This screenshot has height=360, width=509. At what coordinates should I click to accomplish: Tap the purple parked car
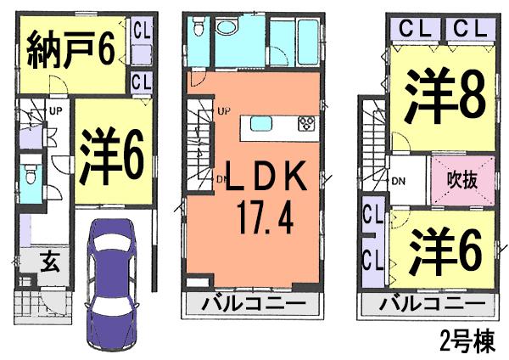click(x=111, y=283)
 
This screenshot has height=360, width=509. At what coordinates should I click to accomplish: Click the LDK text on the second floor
click(x=266, y=176)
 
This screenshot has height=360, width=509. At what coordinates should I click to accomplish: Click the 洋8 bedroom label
click(x=445, y=97)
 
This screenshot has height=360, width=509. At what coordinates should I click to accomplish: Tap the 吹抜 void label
click(x=462, y=180)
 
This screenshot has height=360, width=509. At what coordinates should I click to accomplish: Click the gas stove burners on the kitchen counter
click(x=306, y=123)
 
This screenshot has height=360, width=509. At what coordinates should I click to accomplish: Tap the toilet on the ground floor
click(x=31, y=175)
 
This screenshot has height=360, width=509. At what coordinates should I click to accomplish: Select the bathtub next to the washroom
click(x=308, y=42)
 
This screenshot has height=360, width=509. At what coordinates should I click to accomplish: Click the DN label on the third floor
click(x=399, y=182)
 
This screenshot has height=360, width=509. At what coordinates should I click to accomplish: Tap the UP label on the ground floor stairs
click(x=55, y=111)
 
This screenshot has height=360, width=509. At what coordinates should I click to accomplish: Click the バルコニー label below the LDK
click(x=254, y=305)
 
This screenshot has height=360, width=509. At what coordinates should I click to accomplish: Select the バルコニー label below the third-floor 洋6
click(x=433, y=304)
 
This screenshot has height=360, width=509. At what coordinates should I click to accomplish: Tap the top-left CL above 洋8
click(x=415, y=29)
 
